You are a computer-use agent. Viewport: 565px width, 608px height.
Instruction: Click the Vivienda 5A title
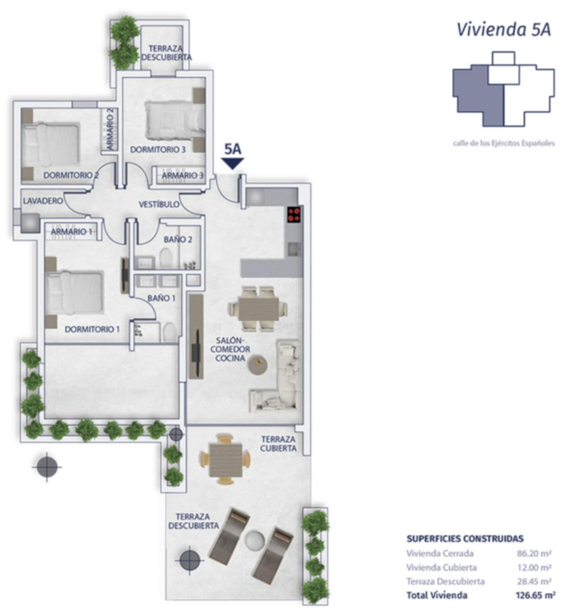[x=504, y=30]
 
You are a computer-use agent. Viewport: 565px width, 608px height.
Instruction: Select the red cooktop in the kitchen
[x=294, y=214]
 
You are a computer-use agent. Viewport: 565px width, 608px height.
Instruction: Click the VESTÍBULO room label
[x=159, y=204]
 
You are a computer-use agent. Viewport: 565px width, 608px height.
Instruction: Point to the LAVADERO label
[x=43, y=201]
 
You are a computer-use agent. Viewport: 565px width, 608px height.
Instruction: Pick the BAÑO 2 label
[x=178, y=240]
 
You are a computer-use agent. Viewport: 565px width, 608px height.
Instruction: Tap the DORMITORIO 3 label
[x=158, y=150]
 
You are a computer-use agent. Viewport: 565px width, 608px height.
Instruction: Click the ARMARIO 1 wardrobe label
[x=71, y=232]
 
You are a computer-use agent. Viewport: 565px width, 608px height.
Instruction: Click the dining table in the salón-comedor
[x=258, y=308]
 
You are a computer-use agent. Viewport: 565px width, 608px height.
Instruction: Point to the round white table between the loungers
[x=254, y=540]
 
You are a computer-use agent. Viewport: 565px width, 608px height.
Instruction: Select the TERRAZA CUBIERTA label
[x=278, y=444]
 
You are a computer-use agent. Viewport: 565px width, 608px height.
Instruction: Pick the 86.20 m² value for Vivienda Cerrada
[x=534, y=553]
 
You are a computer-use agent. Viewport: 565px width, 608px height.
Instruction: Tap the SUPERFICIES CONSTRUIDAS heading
[x=465, y=539]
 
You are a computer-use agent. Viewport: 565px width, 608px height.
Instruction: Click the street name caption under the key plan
[x=504, y=144]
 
